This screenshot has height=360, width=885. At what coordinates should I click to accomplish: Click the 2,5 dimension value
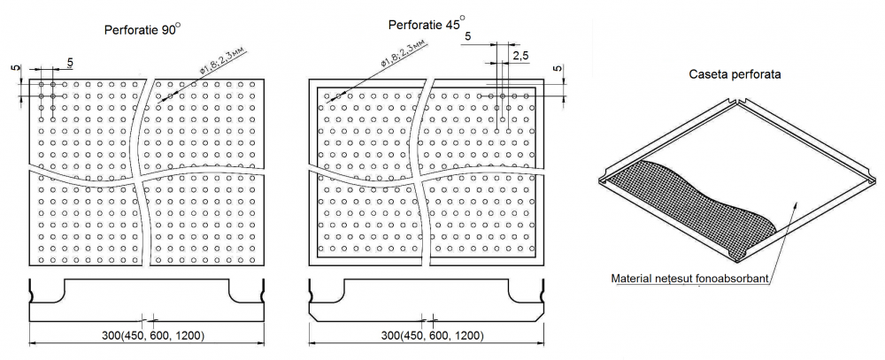520,57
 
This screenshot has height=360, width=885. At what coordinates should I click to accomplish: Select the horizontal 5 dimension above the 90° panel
69,61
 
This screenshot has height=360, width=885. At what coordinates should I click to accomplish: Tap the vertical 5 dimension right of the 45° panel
557,69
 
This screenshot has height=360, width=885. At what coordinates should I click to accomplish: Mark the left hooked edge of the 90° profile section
33,290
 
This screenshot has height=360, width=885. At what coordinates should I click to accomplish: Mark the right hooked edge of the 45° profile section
539,290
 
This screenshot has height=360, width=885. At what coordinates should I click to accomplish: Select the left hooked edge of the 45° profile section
311,290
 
